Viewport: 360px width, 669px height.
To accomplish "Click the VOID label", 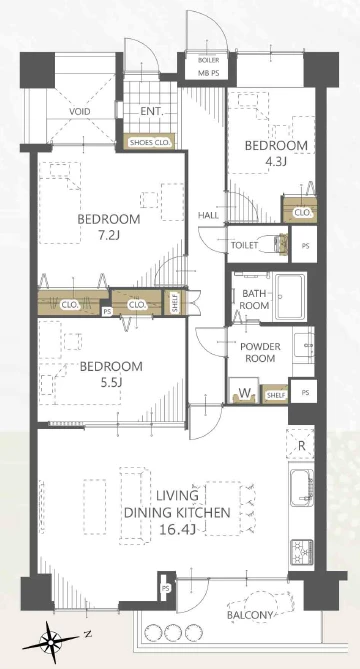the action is [80, 112].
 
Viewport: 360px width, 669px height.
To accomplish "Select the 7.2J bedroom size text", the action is [109, 234].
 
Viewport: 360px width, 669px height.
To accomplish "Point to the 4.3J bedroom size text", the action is [276, 162].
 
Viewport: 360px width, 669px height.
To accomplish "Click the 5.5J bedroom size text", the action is [111, 382].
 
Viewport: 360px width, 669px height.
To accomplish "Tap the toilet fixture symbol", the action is [274, 244].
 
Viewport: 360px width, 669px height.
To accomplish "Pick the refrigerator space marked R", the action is [301, 445].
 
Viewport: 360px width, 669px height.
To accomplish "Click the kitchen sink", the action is [302, 487].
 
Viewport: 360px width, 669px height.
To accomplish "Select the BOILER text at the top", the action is [209, 61].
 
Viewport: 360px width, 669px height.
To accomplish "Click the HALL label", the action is [208, 215].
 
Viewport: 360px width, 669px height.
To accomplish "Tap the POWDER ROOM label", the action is [260, 352].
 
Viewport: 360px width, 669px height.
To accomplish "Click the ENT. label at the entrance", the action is [152, 112].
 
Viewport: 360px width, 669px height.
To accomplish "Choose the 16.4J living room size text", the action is [177, 530].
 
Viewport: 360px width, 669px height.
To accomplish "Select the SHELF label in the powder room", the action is [274, 396].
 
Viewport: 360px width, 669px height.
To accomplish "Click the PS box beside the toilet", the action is [305, 246].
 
